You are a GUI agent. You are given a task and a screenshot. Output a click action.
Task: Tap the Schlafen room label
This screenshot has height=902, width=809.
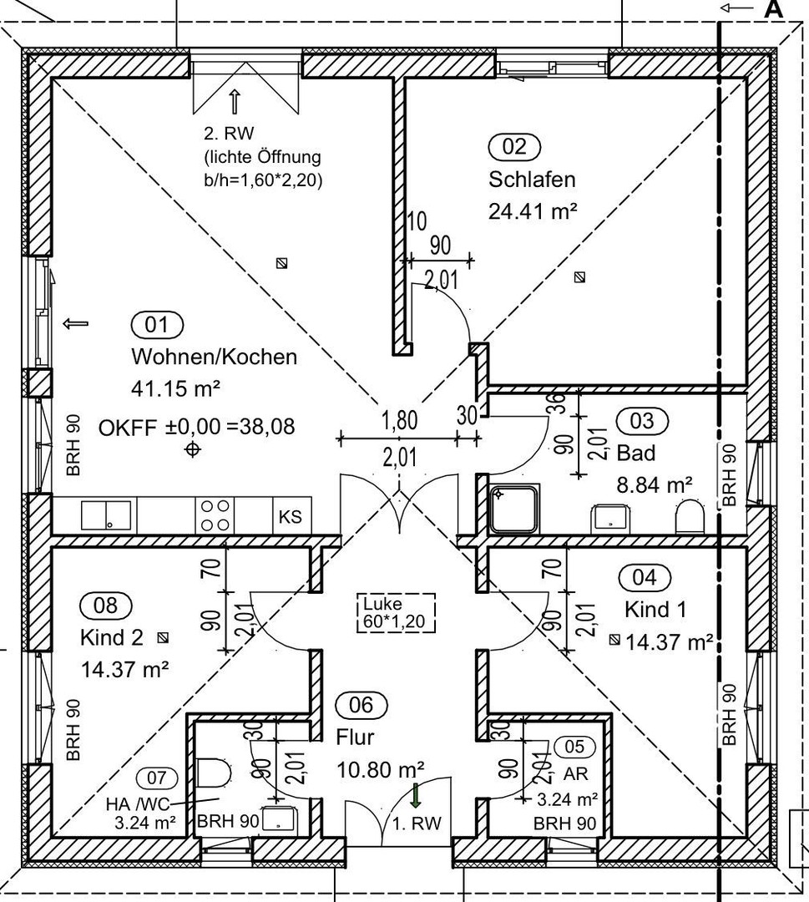532,179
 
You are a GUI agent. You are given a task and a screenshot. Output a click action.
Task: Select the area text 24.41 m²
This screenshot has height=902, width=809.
533,211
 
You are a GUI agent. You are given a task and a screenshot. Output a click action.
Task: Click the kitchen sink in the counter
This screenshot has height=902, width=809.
105,514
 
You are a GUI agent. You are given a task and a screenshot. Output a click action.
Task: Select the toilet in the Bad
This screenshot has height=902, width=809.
690,517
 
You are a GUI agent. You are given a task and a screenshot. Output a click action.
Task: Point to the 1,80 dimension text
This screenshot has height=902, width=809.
399,421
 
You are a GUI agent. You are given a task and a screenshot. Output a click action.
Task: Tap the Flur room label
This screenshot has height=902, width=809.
355,737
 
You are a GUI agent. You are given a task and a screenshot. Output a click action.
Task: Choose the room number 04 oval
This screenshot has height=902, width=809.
645,577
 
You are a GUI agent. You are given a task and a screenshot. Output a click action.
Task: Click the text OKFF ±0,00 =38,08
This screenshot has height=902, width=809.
196,427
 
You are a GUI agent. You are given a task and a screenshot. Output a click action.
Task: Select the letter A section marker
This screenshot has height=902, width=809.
773,9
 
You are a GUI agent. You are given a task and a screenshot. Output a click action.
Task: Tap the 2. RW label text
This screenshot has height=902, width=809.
228,133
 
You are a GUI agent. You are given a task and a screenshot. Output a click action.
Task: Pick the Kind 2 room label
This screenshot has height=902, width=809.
112,637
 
